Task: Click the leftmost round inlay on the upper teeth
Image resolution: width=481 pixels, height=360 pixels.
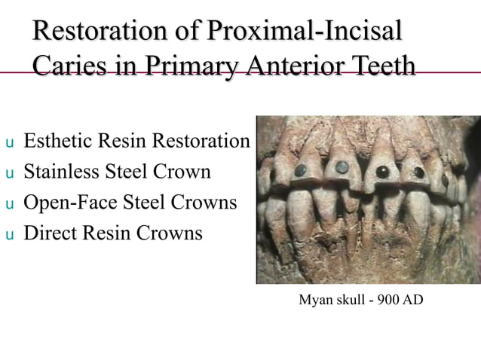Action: pyautogui.click(x=302, y=169)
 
